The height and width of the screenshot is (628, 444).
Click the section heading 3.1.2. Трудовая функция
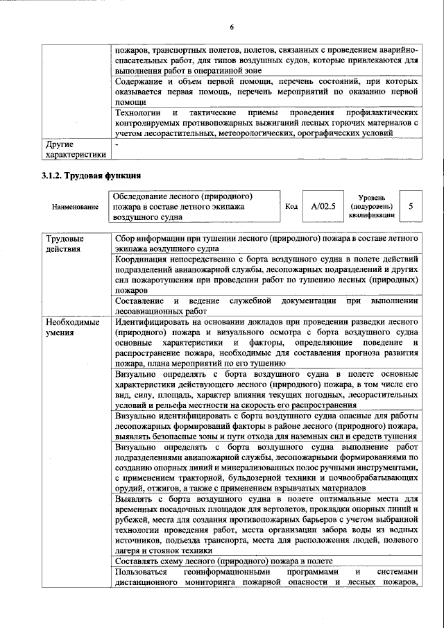91,175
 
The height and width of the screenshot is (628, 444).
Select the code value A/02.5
323,206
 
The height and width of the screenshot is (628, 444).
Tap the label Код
291,207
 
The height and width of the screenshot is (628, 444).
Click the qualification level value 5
411,206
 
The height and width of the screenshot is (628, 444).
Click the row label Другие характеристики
76,150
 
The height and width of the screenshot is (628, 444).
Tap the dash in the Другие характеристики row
117,145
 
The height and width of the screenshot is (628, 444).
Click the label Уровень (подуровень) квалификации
372,206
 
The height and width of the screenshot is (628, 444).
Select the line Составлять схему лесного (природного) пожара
223,561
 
